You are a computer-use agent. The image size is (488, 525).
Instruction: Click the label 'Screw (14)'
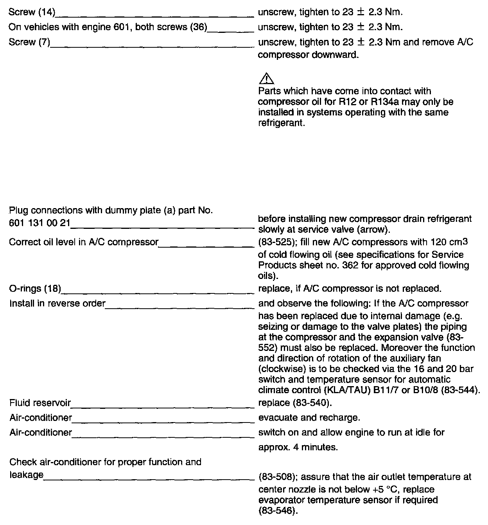point(32,13)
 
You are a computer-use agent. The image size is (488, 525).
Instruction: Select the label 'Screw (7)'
point(29,42)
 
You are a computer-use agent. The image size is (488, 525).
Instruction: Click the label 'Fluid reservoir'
point(40,403)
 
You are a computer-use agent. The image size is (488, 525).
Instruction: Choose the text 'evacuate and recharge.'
point(309,418)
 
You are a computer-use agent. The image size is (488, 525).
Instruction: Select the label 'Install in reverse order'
point(57,304)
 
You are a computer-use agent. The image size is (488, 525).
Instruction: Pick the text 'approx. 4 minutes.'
point(298,447)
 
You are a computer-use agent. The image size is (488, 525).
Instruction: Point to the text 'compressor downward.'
point(308,55)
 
